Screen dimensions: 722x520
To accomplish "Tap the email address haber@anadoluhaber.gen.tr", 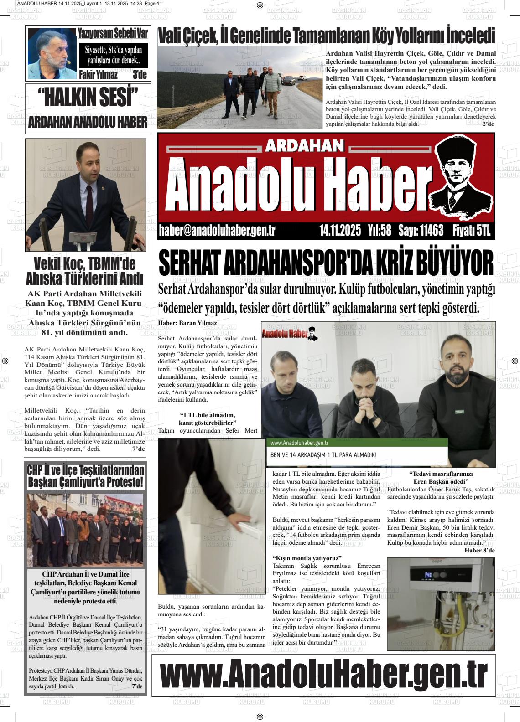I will (217, 231).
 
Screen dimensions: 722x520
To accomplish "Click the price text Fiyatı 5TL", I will (471, 231).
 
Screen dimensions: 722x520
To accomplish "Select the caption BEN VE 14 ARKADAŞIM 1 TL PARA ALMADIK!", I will (323, 455).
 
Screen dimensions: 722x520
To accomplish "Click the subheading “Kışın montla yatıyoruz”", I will (307, 558).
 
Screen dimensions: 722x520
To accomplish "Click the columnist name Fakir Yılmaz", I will (99, 75).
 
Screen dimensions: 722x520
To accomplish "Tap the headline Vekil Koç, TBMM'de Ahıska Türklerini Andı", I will (85, 271).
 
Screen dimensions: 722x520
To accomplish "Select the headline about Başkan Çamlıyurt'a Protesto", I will (85, 476).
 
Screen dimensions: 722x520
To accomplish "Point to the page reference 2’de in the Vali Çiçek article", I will (488, 124).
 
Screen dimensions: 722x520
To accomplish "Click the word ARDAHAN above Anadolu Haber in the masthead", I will (304, 145).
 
